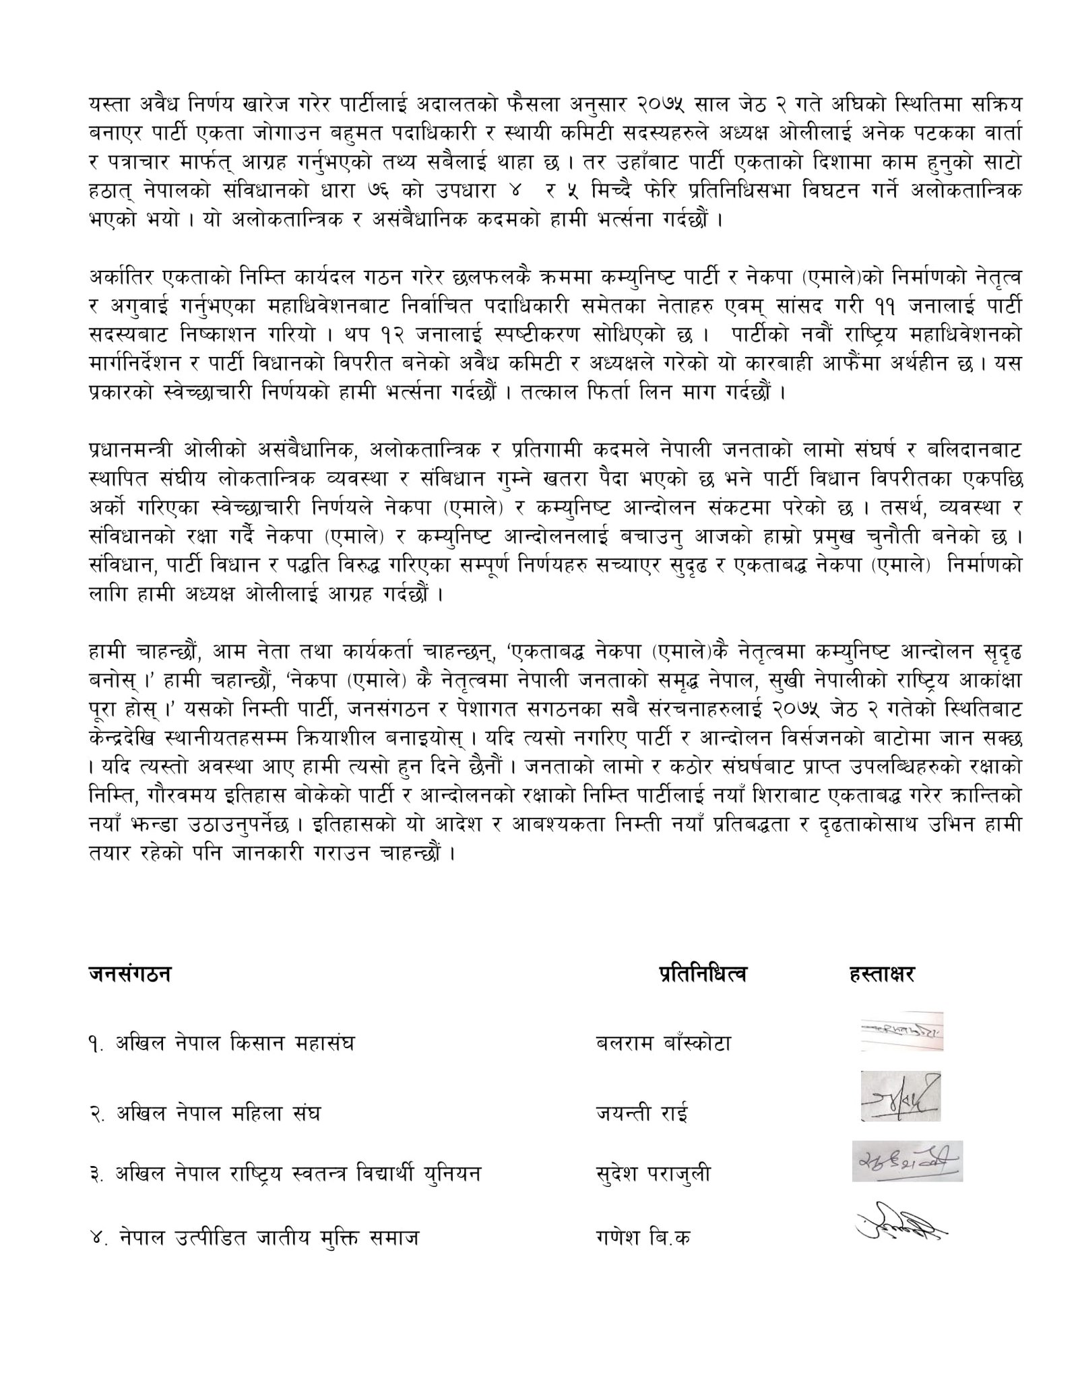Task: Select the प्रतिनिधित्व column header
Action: pyautogui.click(x=702, y=974)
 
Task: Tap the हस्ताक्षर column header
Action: pyautogui.click(x=882, y=974)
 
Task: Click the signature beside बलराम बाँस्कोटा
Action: pyautogui.click(x=901, y=1031)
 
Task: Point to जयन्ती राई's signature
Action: pyautogui.click(x=900, y=1096)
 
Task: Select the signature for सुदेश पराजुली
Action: pyautogui.click(x=907, y=1161)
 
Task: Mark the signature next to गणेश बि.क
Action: pyautogui.click(x=901, y=1221)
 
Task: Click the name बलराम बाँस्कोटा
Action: pyautogui.click(x=663, y=1043)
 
